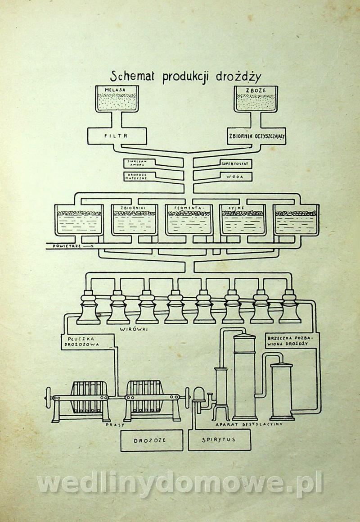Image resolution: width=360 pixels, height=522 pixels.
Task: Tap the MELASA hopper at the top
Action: tap(118, 99)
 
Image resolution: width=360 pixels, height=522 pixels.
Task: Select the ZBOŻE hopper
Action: tap(256, 99)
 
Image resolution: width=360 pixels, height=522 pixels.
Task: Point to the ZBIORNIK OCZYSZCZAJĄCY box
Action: tap(256, 135)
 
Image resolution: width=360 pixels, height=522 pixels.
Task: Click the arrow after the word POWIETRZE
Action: tap(88, 246)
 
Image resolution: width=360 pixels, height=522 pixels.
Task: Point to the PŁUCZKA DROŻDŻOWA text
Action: tap(79, 340)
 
